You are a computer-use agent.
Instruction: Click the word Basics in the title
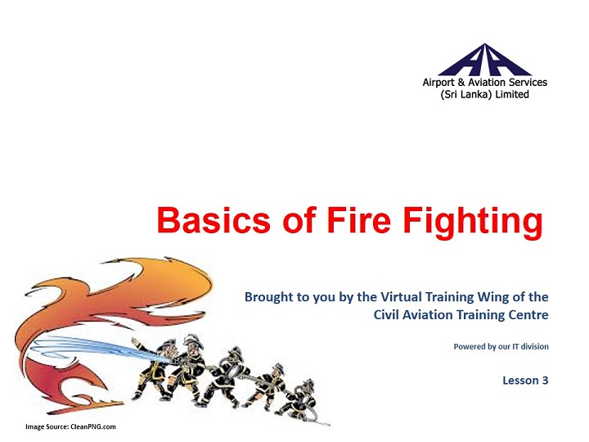tap(214, 220)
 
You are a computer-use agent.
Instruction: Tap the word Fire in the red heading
tap(359, 220)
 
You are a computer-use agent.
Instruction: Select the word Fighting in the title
tap(473, 223)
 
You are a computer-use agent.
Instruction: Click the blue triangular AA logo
tap(484, 60)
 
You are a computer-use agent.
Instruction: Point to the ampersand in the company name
tap(461, 83)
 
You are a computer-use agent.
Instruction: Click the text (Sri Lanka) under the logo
tap(465, 94)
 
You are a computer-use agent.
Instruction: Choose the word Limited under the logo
tap(512, 94)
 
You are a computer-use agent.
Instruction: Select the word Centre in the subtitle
tap(528, 314)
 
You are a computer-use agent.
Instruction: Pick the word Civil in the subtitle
tap(386, 314)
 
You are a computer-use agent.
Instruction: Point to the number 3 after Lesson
tap(545, 381)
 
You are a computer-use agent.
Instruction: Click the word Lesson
tap(520, 381)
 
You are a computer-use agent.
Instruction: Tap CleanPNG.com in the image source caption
tap(92, 426)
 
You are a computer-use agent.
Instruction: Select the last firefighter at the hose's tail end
tap(300, 399)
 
